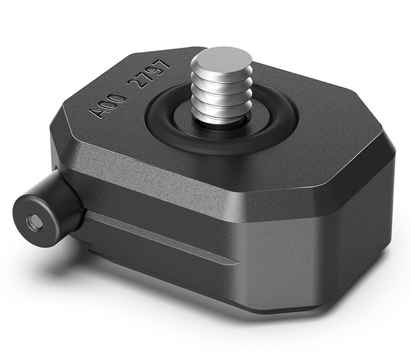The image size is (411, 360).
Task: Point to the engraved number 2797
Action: coord(149,73)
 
